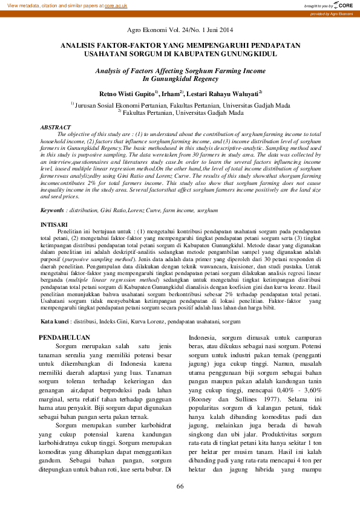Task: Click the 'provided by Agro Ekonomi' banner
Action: click(330, 13)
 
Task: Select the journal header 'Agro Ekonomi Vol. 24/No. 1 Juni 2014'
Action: click(180, 30)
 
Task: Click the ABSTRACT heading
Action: click(55, 128)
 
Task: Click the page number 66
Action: click(180, 487)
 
